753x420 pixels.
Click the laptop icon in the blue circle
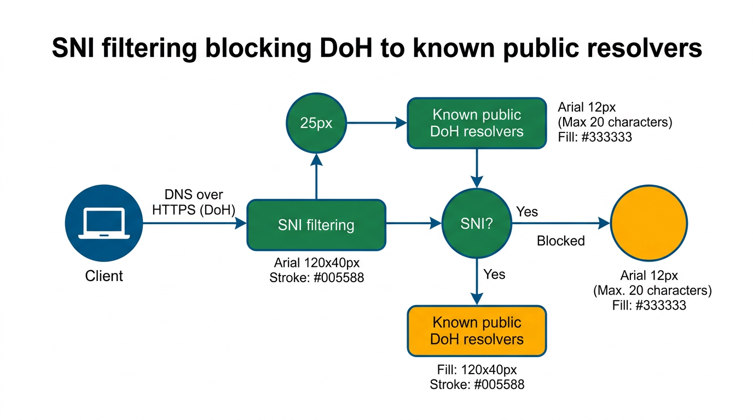coord(104,224)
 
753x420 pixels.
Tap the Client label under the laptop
coord(104,276)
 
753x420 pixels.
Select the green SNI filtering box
coord(316,225)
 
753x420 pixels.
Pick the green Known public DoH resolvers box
coord(477,123)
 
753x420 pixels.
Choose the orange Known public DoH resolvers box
coord(477,331)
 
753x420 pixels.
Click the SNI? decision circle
coord(477,223)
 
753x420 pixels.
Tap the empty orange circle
coord(649,223)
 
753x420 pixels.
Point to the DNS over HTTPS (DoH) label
coord(194,202)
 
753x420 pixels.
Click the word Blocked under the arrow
coord(560,241)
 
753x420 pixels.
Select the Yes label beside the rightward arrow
coord(527,212)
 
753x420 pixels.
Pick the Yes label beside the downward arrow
coord(494,274)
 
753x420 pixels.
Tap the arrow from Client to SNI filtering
coord(194,223)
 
